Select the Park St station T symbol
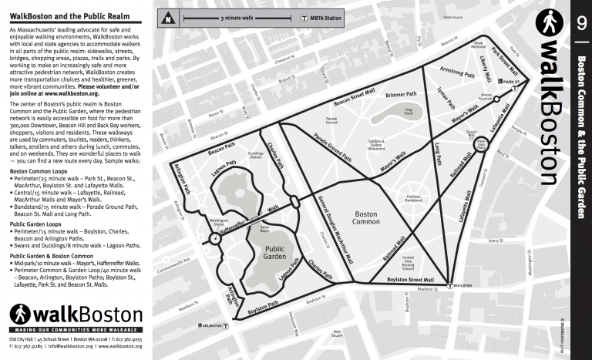pyautogui.click(x=502, y=80)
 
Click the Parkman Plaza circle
pyautogui.click(x=479, y=143)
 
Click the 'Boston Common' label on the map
pyautogui.click(x=368, y=218)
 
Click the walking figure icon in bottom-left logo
pyautogui.click(x=20, y=315)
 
